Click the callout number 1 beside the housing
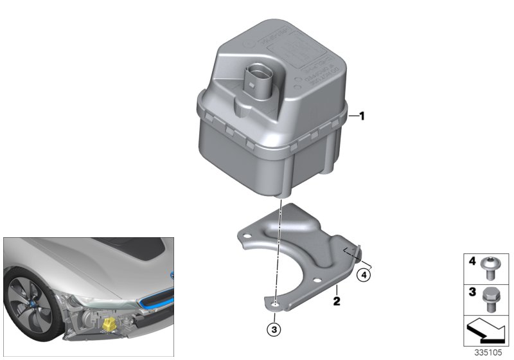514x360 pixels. coord(362,116)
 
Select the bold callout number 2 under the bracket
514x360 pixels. coord(335,299)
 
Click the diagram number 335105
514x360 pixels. coord(489,352)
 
